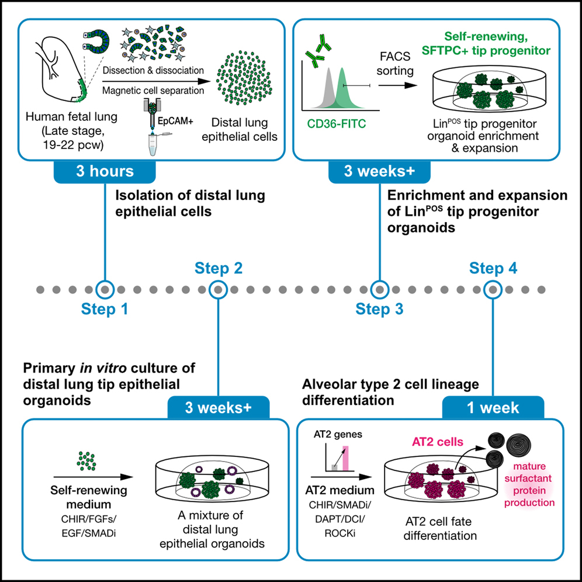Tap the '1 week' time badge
493,407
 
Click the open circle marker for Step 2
218,289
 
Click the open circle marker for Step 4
493,289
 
